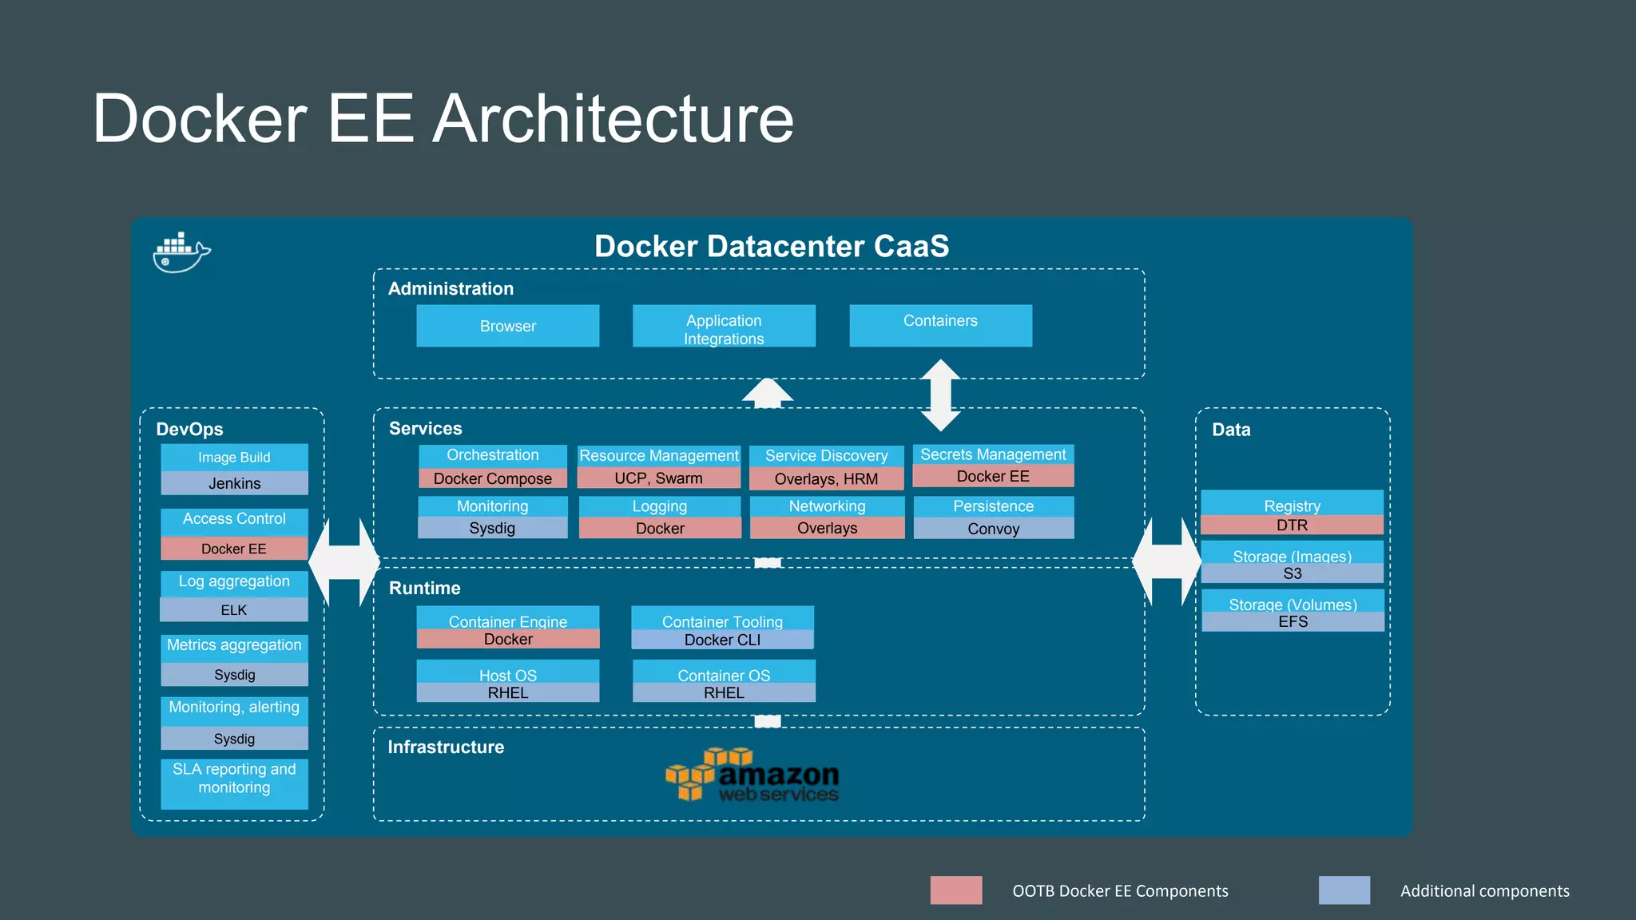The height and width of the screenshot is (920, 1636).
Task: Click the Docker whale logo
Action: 181,253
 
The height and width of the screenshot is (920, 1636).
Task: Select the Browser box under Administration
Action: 507,326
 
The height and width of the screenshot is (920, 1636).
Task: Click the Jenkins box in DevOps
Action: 234,483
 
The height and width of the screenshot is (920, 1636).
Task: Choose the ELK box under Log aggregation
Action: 234,610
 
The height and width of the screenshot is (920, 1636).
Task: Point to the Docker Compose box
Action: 492,478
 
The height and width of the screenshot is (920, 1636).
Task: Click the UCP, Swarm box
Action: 658,478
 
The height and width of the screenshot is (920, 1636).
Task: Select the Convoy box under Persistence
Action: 993,529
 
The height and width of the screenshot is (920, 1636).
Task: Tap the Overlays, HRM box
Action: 826,479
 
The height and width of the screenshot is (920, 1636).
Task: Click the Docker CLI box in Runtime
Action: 722,640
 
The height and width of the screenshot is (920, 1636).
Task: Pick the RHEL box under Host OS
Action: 507,693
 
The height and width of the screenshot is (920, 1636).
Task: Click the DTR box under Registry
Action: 1292,525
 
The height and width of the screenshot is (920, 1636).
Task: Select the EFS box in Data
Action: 1293,622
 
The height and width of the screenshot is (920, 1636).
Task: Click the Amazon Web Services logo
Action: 752,775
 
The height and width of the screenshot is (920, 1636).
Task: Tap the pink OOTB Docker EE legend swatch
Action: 955,890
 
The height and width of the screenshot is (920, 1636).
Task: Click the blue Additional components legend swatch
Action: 1344,890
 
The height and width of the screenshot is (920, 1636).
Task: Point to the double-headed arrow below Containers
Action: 940,395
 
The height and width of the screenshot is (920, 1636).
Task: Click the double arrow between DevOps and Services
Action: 344,562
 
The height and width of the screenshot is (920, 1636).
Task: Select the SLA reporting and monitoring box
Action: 234,783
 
